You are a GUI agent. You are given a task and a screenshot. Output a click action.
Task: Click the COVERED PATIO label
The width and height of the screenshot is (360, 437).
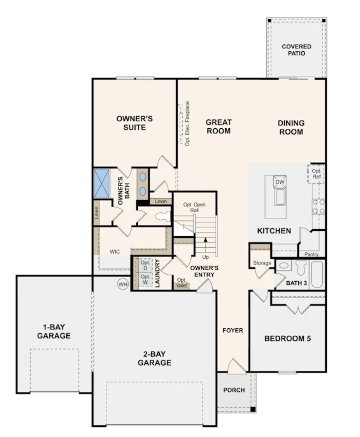[296, 50]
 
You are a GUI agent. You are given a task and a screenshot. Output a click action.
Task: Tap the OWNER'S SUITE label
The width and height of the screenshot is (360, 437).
[134, 123]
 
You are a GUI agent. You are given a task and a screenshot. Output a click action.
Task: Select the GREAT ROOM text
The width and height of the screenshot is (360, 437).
[219, 127]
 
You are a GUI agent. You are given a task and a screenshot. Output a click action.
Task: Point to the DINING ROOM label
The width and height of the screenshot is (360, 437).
[291, 127]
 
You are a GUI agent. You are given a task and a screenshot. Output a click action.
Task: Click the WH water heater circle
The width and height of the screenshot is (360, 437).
[123, 284]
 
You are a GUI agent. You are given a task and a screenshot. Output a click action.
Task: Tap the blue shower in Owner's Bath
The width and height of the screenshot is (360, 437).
[101, 183]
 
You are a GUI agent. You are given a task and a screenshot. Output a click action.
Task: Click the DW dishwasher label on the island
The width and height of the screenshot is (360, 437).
[280, 182]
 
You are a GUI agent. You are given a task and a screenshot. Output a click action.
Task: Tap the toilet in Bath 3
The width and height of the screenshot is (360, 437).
[300, 268]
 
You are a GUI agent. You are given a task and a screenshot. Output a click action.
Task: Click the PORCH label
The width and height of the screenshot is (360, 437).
[234, 390]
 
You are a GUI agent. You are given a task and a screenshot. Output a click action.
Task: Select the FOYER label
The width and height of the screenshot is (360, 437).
[233, 331]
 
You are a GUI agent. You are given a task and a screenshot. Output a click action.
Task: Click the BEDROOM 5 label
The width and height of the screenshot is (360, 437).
[287, 339]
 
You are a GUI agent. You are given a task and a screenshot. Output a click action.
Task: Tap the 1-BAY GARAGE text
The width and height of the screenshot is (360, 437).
[54, 332]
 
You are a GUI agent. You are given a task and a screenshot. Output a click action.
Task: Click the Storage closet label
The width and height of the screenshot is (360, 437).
[262, 263]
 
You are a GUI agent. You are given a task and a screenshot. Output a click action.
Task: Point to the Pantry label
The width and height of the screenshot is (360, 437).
[311, 254]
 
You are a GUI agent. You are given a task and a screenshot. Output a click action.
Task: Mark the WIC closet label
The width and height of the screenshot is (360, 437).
[115, 252]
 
